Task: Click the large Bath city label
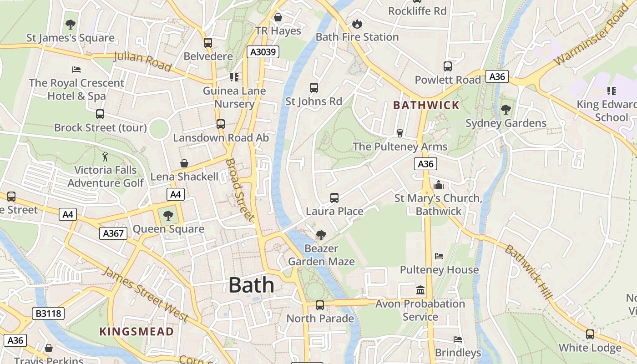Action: [x=251, y=285]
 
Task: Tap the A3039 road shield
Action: [x=263, y=52]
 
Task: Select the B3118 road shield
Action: [x=48, y=313]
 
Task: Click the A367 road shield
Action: [x=113, y=233]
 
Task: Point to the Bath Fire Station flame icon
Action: [x=357, y=24]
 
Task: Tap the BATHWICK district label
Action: [x=426, y=106]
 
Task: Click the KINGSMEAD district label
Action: [x=136, y=331]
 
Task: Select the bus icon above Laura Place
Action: [x=334, y=197]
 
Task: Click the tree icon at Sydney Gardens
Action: [x=506, y=110]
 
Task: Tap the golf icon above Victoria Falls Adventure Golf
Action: [x=106, y=157]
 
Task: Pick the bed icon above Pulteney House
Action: [x=439, y=256]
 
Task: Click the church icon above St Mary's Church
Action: [x=439, y=185]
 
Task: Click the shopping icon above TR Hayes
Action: [x=278, y=17]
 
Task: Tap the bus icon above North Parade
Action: [x=320, y=305]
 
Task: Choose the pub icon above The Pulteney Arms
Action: [x=400, y=133]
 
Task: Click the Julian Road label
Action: [x=142, y=62]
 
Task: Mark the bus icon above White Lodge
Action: [x=590, y=334]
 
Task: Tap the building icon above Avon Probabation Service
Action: [x=420, y=290]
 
